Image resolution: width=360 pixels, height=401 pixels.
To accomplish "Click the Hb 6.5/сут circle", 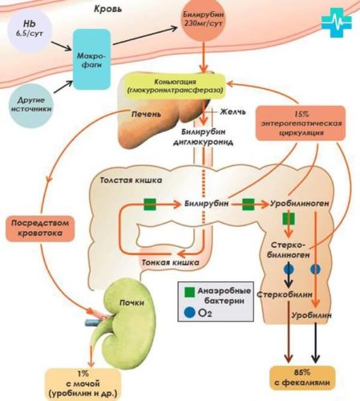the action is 30,30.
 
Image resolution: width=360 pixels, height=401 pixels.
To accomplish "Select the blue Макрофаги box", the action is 91,59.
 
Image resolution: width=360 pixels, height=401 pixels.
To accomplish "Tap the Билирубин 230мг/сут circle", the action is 204,20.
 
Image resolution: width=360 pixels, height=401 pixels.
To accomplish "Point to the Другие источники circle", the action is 31,105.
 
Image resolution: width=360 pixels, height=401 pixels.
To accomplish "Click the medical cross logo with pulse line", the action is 337,22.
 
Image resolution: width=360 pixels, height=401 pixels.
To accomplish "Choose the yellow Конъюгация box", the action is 175,86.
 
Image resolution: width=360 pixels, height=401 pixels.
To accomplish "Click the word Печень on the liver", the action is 146,114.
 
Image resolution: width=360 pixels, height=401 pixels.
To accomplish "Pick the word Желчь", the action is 233,111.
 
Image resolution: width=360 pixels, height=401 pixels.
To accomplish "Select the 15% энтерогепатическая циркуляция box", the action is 301,124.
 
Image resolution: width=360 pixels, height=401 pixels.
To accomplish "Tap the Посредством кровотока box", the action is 40,229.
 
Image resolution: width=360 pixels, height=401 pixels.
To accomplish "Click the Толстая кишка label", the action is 131,180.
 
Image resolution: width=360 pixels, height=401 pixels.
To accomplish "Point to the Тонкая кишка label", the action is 170,262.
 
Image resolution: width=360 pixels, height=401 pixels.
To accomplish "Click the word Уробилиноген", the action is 299,204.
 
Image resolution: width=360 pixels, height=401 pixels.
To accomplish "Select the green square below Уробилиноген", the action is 289,219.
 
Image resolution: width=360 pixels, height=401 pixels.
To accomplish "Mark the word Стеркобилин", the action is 285,294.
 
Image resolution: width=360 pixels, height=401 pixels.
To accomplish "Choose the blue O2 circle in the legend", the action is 189,313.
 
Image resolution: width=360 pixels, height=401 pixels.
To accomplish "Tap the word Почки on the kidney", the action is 131,302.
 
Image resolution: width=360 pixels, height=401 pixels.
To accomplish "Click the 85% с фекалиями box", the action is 302,378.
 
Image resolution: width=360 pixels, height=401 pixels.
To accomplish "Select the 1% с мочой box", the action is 83,383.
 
